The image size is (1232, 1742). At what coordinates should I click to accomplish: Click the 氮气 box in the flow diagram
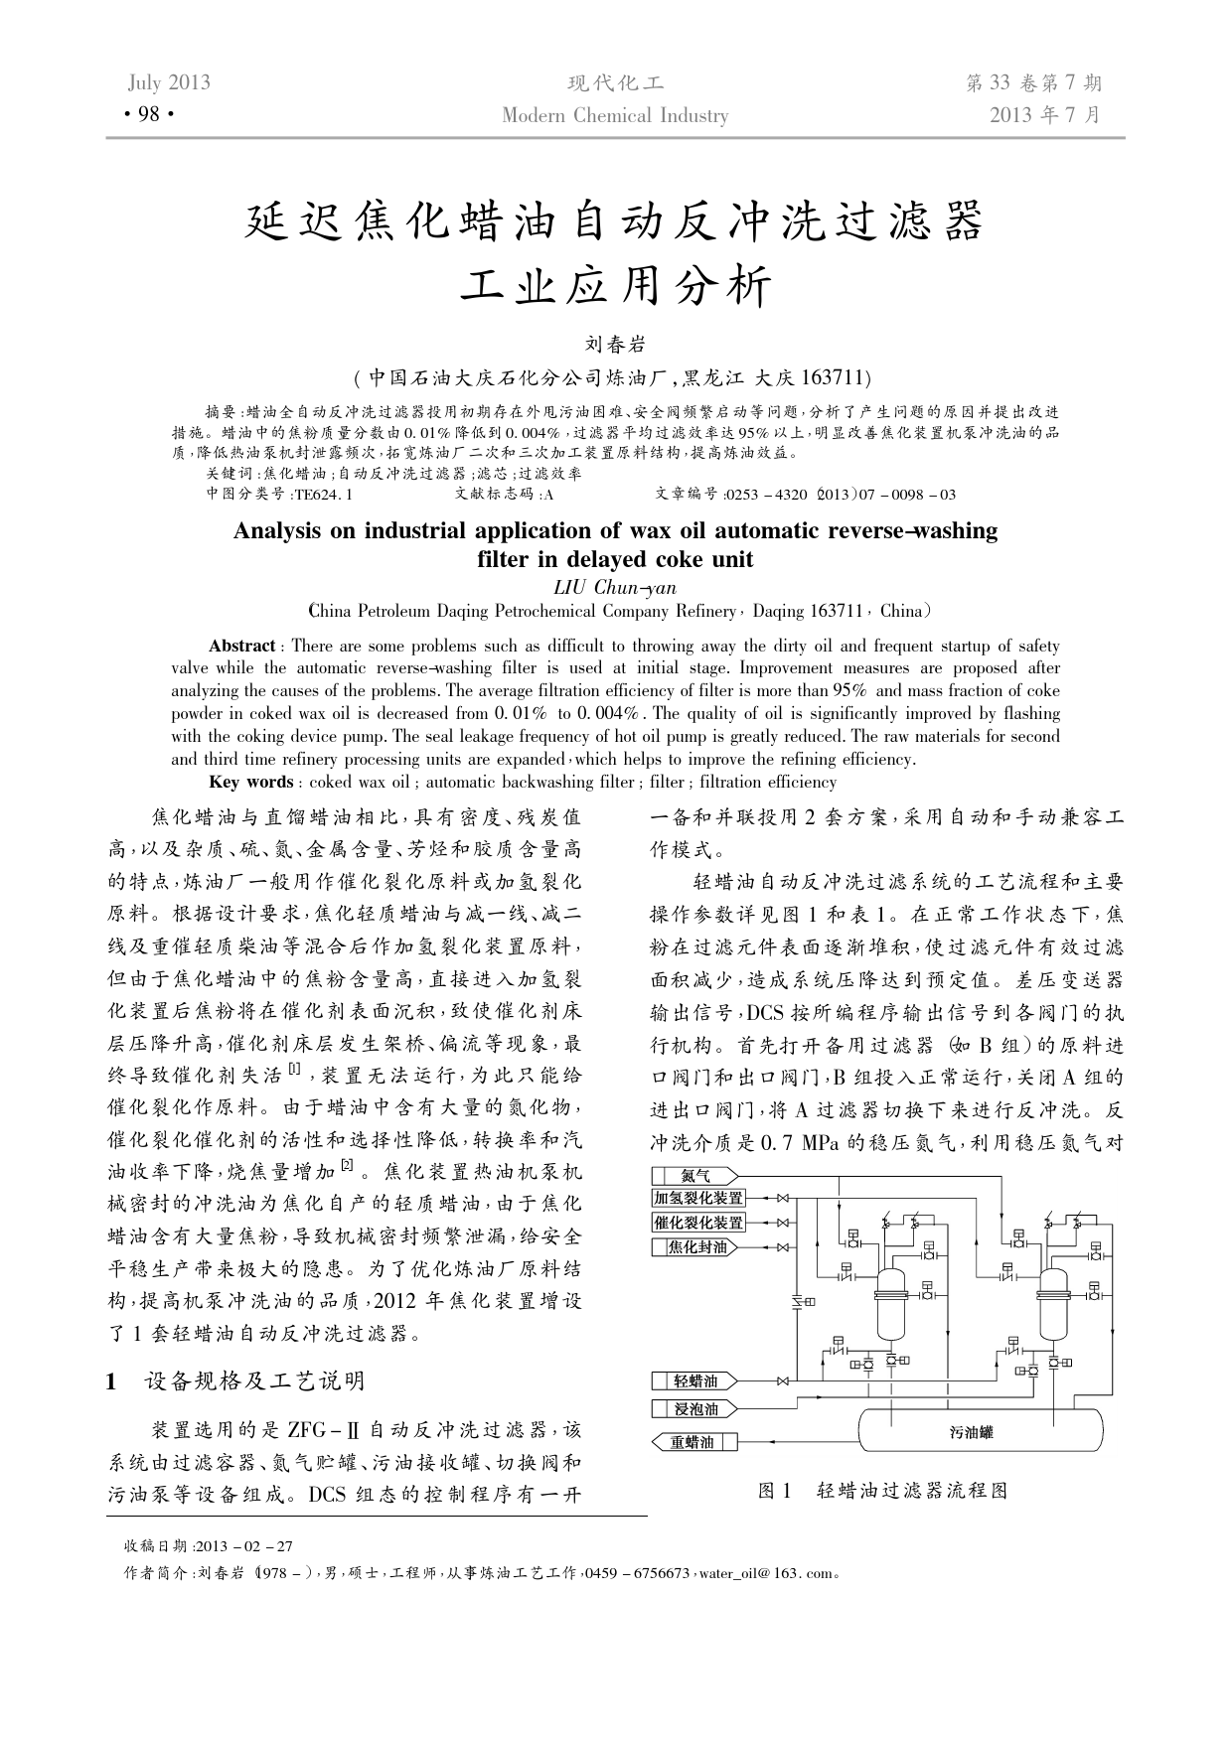(695, 1176)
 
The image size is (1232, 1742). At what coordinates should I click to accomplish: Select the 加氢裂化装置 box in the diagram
(698, 1199)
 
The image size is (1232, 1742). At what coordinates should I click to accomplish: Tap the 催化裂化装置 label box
(698, 1223)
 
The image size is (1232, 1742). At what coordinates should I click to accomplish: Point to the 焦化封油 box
(696, 1247)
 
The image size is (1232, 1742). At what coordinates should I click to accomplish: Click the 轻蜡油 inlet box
(695, 1380)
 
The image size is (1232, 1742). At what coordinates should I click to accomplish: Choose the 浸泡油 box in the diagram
(695, 1408)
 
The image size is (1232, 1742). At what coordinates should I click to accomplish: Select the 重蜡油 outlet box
(695, 1442)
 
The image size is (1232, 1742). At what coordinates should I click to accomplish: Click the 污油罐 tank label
(971, 1432)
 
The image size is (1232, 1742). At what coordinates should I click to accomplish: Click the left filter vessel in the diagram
(891, 1302)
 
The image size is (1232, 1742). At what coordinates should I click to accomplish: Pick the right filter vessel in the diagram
(1054, 1302)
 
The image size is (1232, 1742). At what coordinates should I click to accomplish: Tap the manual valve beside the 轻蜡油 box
(783, 1380)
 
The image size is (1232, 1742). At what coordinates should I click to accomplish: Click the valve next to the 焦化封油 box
(783, 1247)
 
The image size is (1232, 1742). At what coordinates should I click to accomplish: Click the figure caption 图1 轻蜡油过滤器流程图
(882, 1491)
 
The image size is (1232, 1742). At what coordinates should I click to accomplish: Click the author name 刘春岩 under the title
(615, 345)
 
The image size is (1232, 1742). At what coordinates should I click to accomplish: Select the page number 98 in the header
(149, 115)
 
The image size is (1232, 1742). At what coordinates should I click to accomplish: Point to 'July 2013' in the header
(169, 82)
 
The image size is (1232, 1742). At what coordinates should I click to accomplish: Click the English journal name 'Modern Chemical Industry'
(615, 115)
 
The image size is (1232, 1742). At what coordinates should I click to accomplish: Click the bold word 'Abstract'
(241, 646)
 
